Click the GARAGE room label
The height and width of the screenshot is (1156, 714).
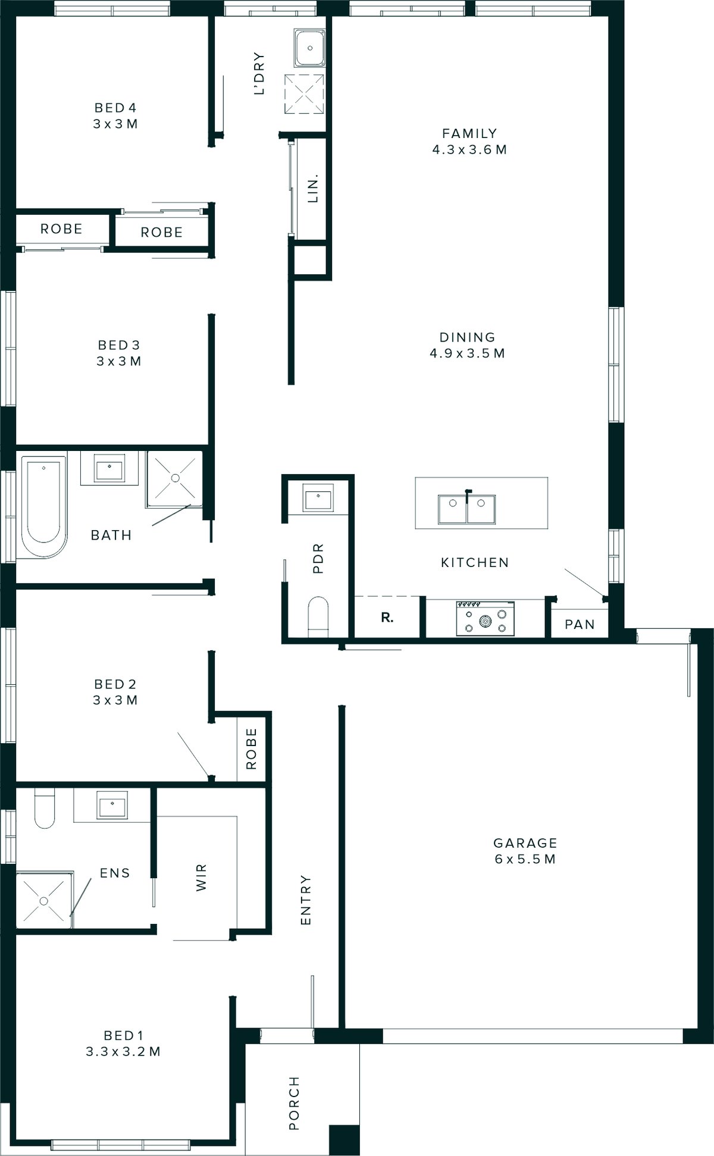pos(525,843)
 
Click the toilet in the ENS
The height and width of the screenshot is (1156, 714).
pos(45,807)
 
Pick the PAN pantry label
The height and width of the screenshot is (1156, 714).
pos(580,624)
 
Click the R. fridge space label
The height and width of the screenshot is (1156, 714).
pos(387,618)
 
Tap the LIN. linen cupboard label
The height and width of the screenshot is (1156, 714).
pos(313,189)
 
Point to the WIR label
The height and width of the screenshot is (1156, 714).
pos(201,878)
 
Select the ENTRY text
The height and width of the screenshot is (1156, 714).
pos(305,900)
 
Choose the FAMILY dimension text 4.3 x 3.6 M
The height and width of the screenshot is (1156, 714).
pos(469,149)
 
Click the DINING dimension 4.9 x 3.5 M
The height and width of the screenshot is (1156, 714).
pos(467,353)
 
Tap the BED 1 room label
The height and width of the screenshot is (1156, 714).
pos(123,1036)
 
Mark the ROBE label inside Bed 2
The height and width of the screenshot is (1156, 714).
pos(251,748)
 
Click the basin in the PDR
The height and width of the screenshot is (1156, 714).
pos(318,497)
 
